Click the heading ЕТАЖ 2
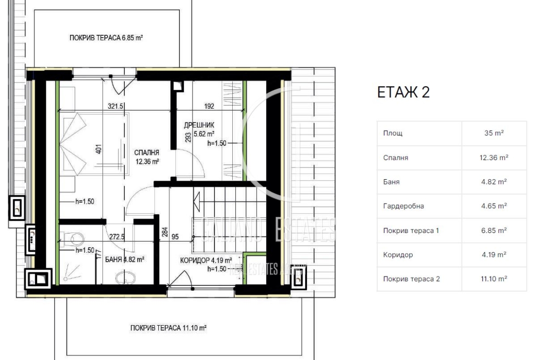pos(403,92)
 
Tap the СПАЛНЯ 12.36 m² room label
pos(147,157)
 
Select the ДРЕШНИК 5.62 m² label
pos(199,129)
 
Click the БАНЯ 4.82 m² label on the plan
pos(124,260)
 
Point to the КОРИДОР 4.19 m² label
pos(206,261)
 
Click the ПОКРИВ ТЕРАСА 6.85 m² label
pos(106,38)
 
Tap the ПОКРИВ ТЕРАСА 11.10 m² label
pos(168,328)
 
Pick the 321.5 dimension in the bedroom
pos(115,106)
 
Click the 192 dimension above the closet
pos(209,106)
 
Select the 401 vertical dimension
pos(99,149)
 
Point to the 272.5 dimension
pos(117,237)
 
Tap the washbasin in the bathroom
pos(125,278)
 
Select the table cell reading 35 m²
pos(494,133)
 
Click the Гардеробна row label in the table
pos(403,206)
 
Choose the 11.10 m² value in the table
pos(494,279)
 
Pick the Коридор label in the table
pos(398,255)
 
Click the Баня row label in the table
pos(391,182)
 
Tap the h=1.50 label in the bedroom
pos(84,202)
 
